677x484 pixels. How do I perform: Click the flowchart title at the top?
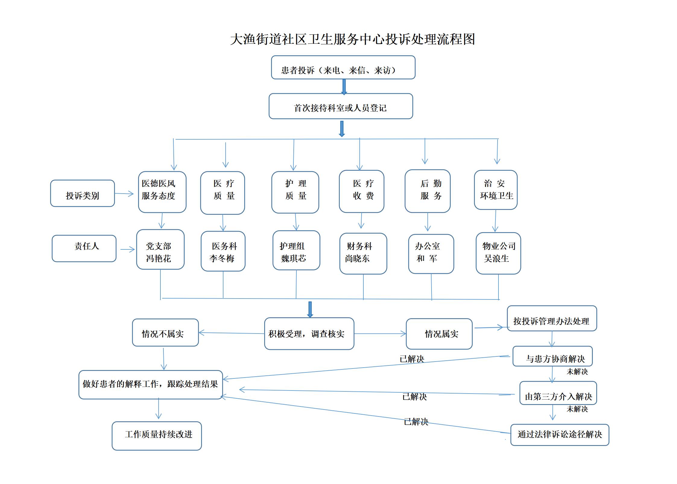pyautogui.click(x=353, y=39)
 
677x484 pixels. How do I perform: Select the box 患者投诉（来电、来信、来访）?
pyautogui.click(x=343, y=67)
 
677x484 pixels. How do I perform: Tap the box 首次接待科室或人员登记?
pyautogui.click(x=341, y=106)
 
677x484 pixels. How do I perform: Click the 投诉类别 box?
pyautogui.click(x=82, y=193)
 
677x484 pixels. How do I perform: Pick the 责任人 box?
pyautogui.click(x=84, y=248)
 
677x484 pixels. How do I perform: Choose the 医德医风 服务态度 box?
pyautogui.click(x=162, y=192)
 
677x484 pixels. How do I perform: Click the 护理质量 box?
pyautogui.click(x=295, y=192)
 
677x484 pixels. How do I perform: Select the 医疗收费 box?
pyautogui.click(x=362, y=191)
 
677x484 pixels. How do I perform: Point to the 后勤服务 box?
pyautogui.click(x=428, y=191)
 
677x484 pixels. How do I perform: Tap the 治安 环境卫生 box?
pyautogui.click(x=496, y=190)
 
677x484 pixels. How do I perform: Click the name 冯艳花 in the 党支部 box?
pyautogui.click(x=159, y=258)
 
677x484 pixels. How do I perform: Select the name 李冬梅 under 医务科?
pyautogui.click(x=222, y=258)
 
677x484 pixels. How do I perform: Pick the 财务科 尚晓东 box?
pyautogui.click(x=363, y=254)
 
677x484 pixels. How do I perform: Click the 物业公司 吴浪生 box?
pyautogui.click(x=498, y=253)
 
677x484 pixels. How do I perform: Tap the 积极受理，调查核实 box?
pyautogui.click(x=309, y=334)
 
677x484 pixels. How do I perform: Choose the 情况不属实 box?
pyautogui.click(x=165, y=332)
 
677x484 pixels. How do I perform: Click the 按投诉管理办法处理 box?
pyautogui.click(x=552, y=318)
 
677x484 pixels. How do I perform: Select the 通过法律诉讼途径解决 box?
pyautogui.click(x=560, y=435)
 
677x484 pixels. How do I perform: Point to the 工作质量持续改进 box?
pyautogui.click(x=157, y=436)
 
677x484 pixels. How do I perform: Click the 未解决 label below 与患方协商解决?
pyautogui.click(x=577, y=372)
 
